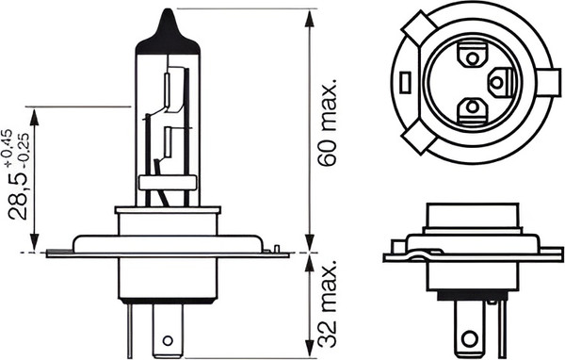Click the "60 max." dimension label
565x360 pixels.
[329, 122]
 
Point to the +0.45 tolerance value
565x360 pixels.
[8, 147]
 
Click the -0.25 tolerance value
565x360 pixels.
[24, 151]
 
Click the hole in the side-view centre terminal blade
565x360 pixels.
[168, 340]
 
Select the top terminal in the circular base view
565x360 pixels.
[472, 56]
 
